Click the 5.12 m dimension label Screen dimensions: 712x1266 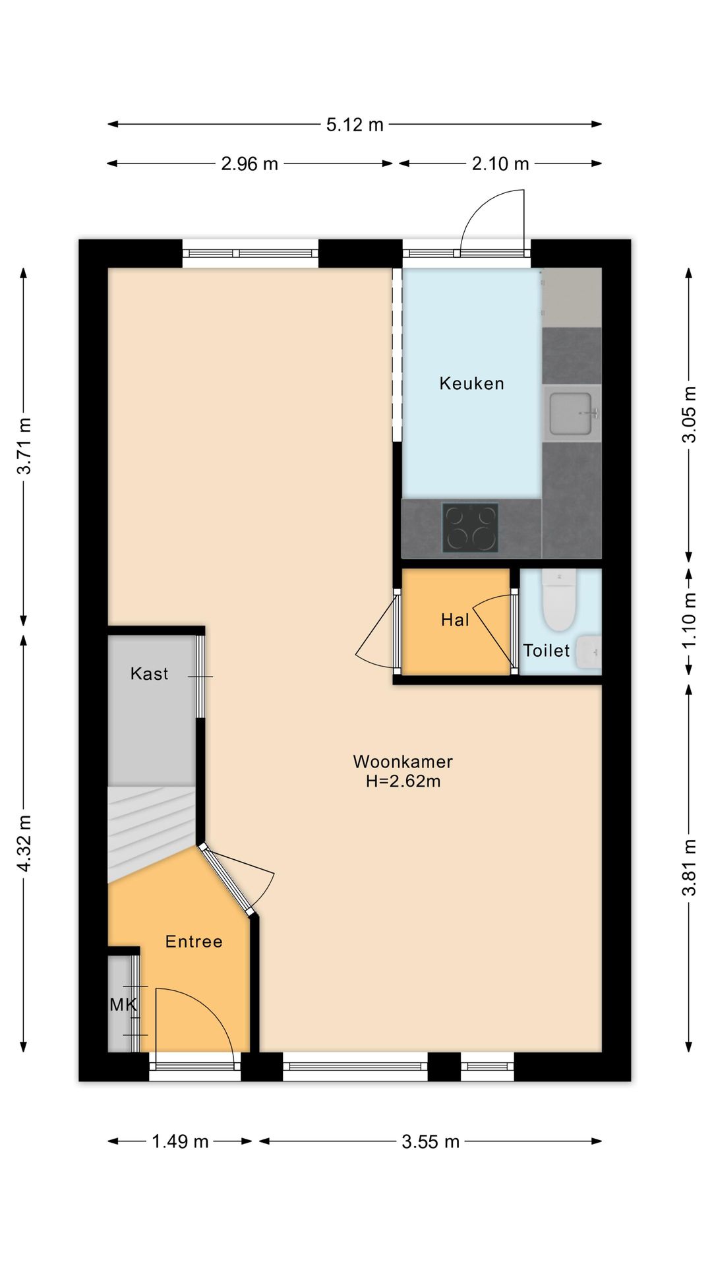point(355,125)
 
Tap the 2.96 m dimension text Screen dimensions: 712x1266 point(249,164)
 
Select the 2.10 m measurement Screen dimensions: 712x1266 point(500,164)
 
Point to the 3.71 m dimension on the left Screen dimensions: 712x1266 point(24,446)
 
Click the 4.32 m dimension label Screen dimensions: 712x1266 point(24,843)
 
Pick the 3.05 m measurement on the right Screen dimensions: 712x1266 point(689,414)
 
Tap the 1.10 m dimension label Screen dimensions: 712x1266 point(689,620)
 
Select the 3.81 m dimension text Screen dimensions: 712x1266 point(689,867)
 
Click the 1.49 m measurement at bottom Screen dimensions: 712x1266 point(180,1141)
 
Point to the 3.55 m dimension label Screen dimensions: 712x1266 point(430,1141)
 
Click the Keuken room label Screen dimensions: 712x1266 point(471,383)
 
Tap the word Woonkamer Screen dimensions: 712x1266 point(403,762)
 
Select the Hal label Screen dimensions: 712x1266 point(455,620)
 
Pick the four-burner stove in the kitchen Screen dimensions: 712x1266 point(470,528)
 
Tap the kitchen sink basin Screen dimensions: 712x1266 point(571,413)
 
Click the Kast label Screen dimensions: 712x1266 point(149,673)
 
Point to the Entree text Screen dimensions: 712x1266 point(194,942)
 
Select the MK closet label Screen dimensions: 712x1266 point(123,1004)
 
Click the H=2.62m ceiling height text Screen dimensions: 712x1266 point(403,781)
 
